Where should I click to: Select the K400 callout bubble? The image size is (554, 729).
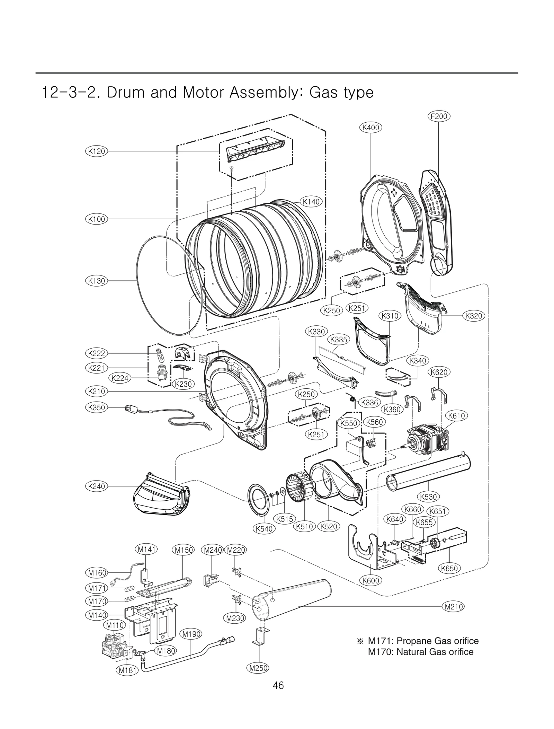(x=370, y=128)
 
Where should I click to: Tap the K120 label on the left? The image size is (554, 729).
(x=97, y=151)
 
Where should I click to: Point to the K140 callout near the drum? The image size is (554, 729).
(x=311, y=202)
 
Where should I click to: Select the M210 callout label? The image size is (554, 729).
(x=453, y=606)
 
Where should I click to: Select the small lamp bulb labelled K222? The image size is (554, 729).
(x=160, y=354)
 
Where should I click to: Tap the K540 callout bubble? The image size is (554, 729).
(x=264, y=529)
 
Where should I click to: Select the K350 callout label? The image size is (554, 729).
(x=97, y=407)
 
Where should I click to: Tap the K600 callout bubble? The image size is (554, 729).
(x=370, y=580)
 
